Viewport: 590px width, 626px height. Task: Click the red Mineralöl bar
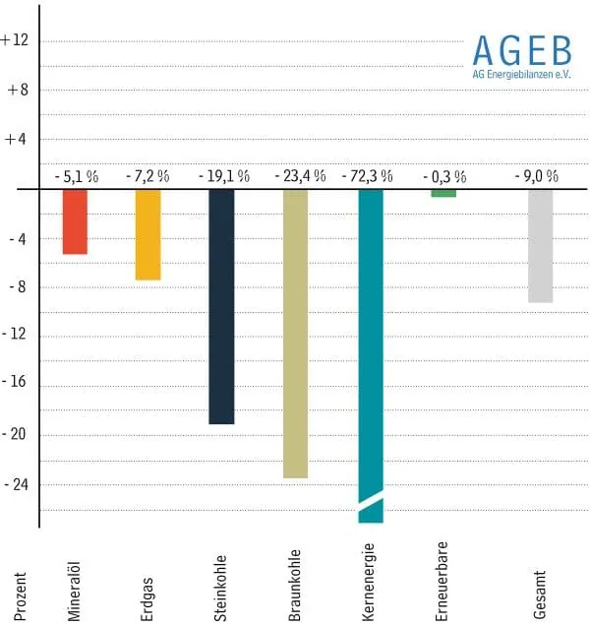[75, 221]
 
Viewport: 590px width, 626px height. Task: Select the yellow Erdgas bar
[147, 234]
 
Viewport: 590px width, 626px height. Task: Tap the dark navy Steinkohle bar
[221, 305]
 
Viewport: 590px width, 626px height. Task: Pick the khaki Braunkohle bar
[295, 333]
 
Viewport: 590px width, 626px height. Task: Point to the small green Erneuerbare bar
[443, 193]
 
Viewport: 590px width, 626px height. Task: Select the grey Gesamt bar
[540, 245]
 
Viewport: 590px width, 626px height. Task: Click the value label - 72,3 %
[367, 176]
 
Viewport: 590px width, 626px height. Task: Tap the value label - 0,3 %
[444, 176]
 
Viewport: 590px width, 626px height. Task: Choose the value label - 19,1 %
[221, 176]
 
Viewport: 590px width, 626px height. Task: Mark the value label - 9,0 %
[537, 176]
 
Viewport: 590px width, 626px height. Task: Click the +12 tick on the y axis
[18, 40]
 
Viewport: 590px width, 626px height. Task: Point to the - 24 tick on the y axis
[18, 484]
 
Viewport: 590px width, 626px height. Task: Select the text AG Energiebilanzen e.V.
[521, 74]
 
